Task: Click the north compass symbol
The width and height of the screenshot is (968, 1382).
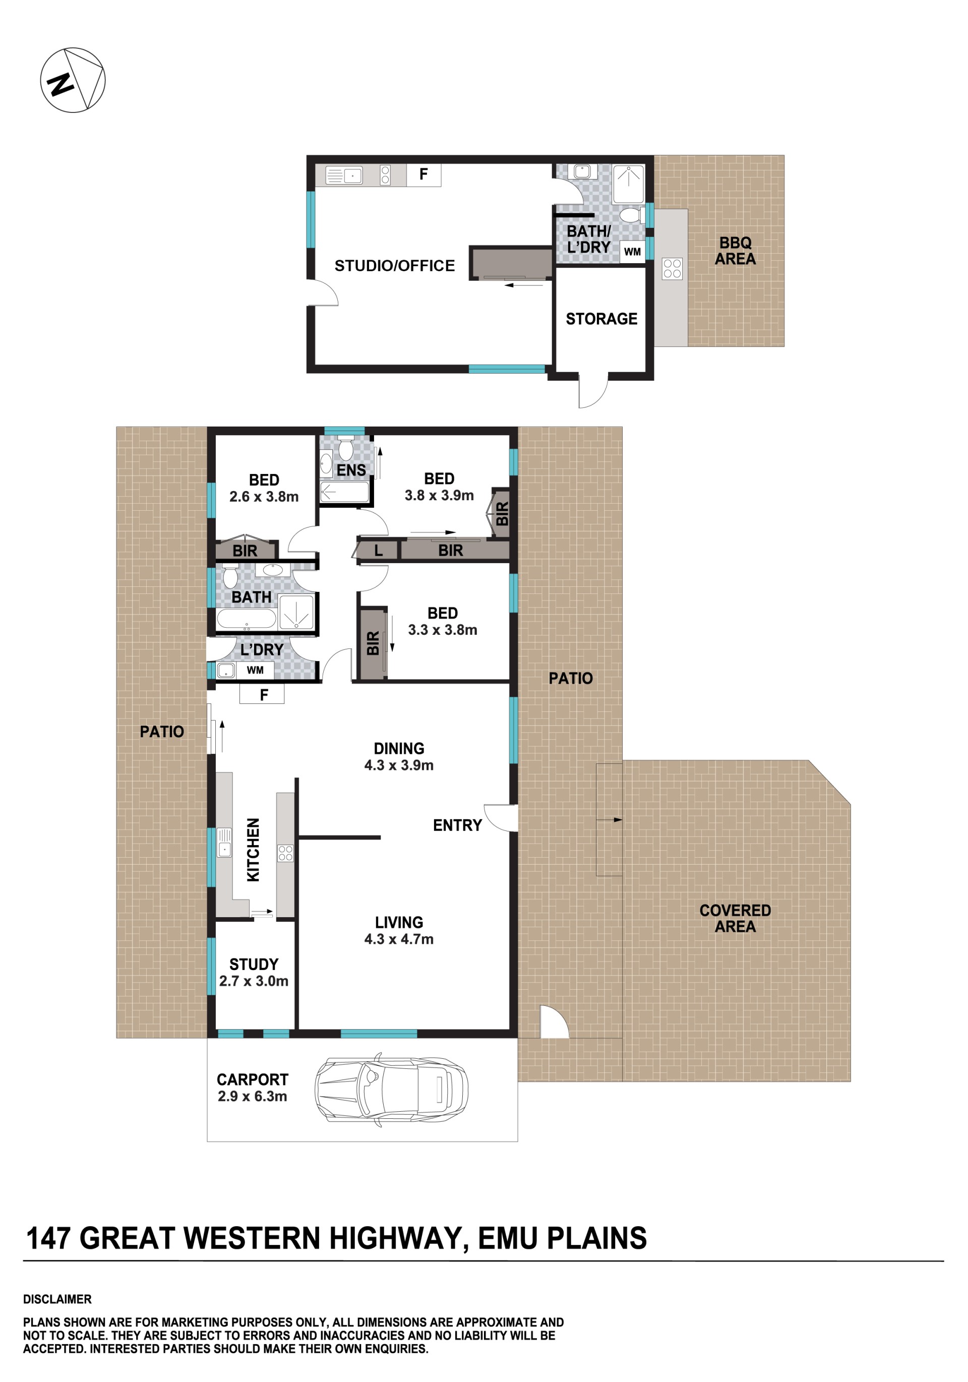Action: (73, 80)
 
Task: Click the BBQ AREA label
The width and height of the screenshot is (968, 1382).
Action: (735, 251)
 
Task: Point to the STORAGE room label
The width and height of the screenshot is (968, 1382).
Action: (601, 319)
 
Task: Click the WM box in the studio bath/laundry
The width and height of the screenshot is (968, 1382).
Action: (632, 252)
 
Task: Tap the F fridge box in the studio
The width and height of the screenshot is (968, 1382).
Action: (424, 174)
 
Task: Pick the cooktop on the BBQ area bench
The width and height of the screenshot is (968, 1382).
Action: (672, 268)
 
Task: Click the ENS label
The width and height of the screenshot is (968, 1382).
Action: (351, 470)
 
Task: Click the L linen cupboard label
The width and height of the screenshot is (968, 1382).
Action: (378, 550)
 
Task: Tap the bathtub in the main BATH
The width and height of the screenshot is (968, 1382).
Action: (246, 618)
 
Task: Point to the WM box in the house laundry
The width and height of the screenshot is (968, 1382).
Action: (255, 670)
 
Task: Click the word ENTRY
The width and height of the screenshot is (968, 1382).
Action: (457, 825)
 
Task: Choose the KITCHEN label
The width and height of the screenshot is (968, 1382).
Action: (254, 850)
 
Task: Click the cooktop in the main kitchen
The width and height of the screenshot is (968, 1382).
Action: (285, 853)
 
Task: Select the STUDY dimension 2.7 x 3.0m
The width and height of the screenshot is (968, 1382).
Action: (254, 981)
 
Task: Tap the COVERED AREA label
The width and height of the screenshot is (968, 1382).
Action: (735, 919)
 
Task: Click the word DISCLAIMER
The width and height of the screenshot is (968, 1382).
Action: (57, 1299)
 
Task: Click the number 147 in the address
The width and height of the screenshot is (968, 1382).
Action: (49, 1239)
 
